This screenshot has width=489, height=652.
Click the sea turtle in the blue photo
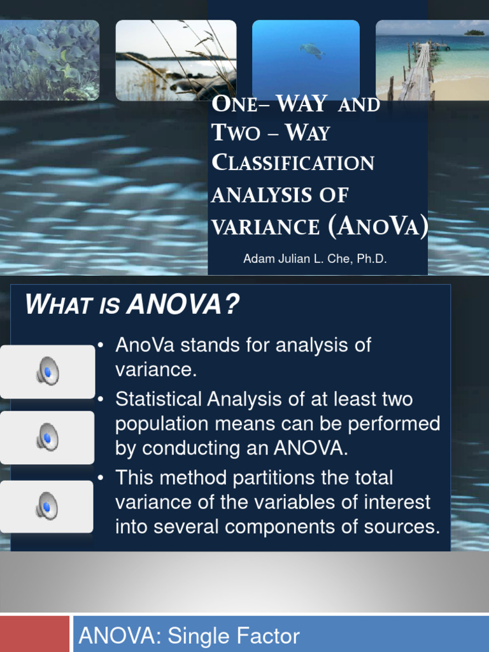coord(311,50)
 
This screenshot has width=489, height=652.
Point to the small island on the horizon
coord(474,32)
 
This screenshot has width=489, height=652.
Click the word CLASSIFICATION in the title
coord(292,163)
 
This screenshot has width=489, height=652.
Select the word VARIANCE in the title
coord(266,226)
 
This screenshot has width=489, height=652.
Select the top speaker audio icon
coord(47,371)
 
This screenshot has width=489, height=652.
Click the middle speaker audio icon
coord(47,437)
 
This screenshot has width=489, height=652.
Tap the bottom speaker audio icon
coord(47,506)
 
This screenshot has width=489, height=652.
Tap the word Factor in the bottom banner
coord(268,636)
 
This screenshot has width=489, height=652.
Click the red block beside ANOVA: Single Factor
coord(34,634)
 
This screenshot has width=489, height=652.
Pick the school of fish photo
coord(49,60)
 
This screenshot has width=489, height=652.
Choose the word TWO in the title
coord(236,133)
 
